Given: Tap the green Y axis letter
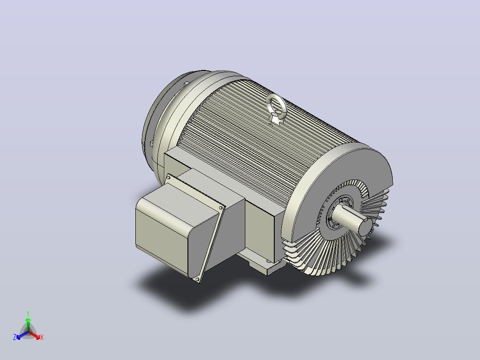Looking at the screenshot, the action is (x=28, y=313).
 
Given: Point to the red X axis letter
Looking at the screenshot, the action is (x=42, y=337).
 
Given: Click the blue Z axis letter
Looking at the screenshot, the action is (x=15, y=337).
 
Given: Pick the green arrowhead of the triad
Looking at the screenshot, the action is (x=28, y=319).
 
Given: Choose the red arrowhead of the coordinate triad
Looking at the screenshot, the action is (x=37, y=337).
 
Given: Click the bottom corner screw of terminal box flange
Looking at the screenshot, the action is (x=197, y=279).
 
